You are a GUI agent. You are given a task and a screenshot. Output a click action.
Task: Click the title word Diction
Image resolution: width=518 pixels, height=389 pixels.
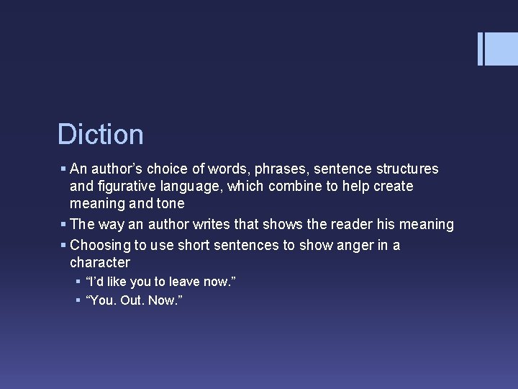101,135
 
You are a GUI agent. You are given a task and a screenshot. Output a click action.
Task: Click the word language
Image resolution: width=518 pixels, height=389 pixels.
199,187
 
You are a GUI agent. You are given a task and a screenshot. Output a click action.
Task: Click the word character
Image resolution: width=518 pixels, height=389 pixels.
100,263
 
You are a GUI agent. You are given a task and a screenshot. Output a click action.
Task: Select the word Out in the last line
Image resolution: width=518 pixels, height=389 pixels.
132,300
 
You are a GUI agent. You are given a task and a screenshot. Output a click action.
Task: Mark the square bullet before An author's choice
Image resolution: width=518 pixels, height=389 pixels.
63,169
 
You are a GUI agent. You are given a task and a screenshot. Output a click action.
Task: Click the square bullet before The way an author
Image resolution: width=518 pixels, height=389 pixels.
63,225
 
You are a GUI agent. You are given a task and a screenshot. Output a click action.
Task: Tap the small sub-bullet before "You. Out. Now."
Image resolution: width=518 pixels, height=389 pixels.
78,300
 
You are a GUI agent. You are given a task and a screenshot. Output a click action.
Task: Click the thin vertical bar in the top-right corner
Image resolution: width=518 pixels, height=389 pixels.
481,49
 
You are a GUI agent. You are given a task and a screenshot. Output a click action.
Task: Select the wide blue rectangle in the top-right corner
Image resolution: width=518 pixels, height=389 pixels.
502,49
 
